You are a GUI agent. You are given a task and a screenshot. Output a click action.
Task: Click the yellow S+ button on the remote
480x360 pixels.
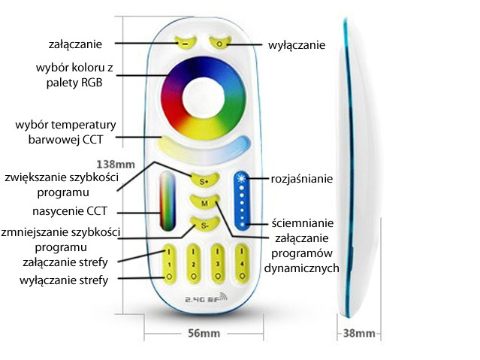[204, 180]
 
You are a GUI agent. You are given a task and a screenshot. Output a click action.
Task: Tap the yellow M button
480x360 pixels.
[204, 202]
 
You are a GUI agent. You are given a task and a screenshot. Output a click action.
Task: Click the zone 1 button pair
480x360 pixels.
[170, 263]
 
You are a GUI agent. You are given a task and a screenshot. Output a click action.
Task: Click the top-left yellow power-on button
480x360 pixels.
[185, 43]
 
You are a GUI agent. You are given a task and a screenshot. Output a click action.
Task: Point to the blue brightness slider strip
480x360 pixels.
[242, 199]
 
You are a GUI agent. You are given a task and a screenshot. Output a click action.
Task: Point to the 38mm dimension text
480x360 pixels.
[358, 333]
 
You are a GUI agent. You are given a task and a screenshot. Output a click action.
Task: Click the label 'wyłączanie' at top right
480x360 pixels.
[297, 45]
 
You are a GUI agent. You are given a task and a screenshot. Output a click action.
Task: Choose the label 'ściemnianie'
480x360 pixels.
[302, 223]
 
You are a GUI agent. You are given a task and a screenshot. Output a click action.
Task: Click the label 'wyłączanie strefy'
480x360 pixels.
[64, 280]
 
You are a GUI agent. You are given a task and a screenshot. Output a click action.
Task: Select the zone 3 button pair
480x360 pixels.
[219, 263]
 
